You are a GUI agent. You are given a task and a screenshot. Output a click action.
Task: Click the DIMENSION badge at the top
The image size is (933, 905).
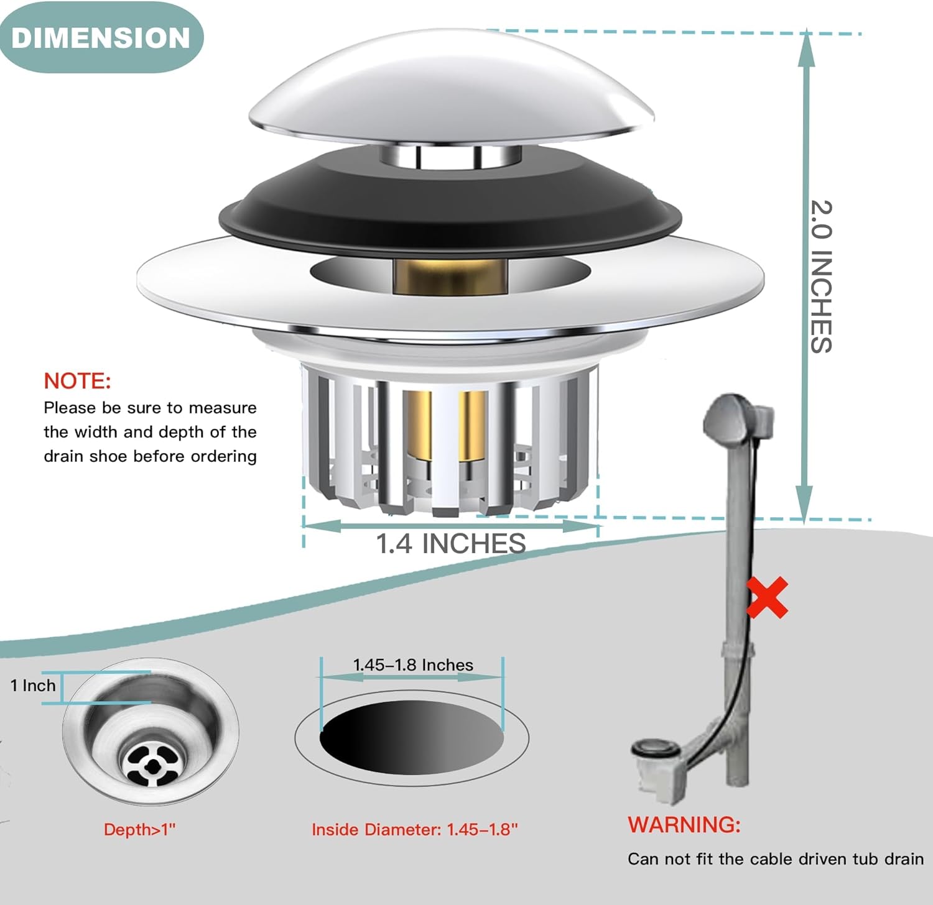[101, 37]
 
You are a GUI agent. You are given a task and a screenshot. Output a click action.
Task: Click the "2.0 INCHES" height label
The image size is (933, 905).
[822, 277]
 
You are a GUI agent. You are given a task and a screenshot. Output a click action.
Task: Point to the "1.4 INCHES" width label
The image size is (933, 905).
[451, 544]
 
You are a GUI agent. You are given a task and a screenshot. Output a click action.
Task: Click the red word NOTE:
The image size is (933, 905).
[77, 380]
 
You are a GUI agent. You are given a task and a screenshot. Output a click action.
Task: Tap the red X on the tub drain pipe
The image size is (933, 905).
[767, 597]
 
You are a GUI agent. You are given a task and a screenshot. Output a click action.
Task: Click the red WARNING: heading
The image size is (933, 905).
[684, 824]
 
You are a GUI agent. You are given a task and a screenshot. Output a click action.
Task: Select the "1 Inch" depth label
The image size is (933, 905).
[33, 686]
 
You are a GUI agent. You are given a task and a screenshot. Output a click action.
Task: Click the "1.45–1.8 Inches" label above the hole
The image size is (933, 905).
[413, 665]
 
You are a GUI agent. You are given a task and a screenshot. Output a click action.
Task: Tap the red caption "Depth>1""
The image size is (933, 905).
[140, 829]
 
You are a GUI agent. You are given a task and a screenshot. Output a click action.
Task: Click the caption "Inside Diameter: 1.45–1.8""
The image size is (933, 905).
[415, 829]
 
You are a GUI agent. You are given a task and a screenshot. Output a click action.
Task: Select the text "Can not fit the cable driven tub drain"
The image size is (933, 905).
[776, 859]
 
